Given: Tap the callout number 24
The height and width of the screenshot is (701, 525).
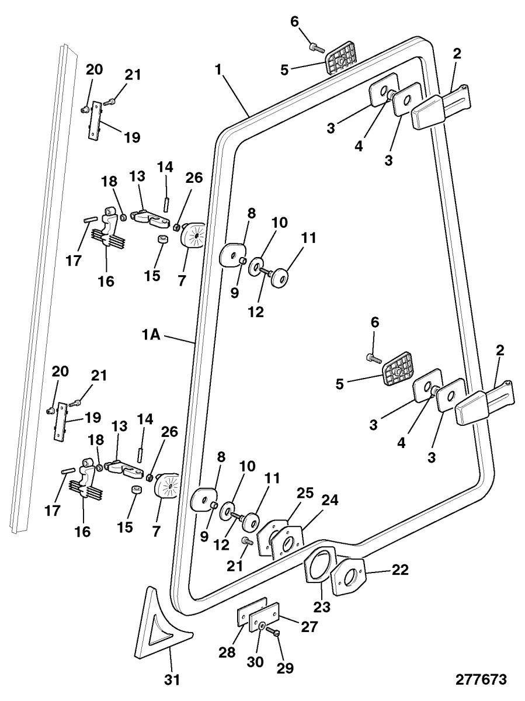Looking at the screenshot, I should point(330,501).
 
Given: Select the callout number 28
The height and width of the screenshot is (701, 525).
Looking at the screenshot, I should point(229,653).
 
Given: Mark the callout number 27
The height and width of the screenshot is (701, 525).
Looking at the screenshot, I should point(310,627).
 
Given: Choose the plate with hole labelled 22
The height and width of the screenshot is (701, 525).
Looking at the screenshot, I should point(349,577).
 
